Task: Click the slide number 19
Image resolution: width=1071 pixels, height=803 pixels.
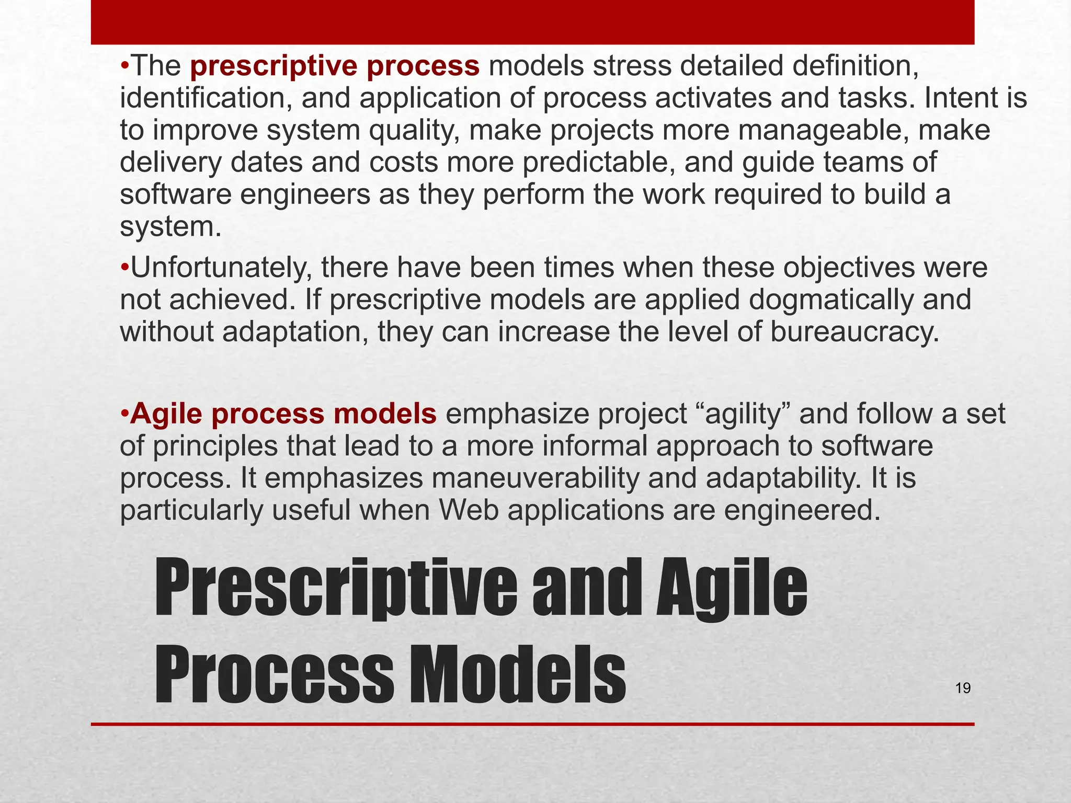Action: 963,688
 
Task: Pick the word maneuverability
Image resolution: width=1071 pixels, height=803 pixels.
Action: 531,479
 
